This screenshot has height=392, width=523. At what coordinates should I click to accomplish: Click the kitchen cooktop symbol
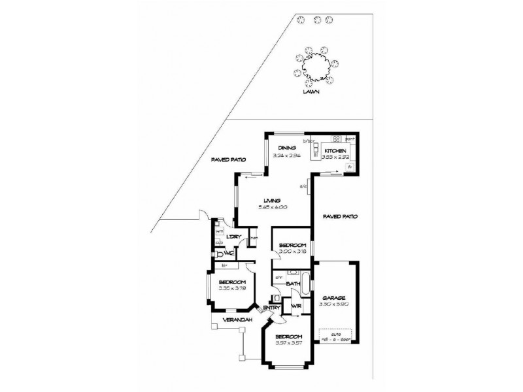pyautogui.click(x=335, y=139)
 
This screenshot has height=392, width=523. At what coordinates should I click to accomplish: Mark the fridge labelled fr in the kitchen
pyautogui.click(x=350, y=167)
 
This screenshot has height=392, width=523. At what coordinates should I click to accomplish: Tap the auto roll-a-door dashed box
pyautogui.click(x=336, y=335)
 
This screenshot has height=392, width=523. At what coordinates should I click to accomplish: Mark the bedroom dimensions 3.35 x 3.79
pyautogui.click(x=231, y=289)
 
